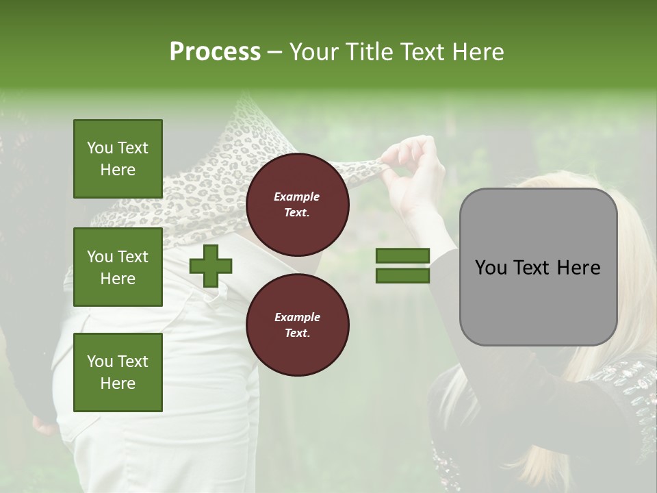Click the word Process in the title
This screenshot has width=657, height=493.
pyautogui.click(x=215, y=52)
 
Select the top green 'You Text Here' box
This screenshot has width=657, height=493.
pyautogui.click(x=118, y=159)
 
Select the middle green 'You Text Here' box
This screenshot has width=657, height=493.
pyautogui.click(x=118, y=267)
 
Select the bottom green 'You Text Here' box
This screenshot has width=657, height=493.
pyautogui.click(x=118, y=372)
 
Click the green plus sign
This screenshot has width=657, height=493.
pyautogui.click(x=211, y=266)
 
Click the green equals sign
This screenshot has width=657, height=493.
pyautogui.click(x=402, y=266)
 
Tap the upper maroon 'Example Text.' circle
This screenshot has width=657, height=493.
pyautogui.click(x=297, y=204)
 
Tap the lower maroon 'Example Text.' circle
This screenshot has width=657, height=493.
pyautogui.click(x=297, y=325)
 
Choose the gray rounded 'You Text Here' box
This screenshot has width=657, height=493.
pyautogui.click(x=538, y=267)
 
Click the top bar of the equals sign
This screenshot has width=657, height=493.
pyautogui.click(x=402, y=255)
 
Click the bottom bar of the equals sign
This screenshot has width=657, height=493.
pyautogui.click(x=402, y=276)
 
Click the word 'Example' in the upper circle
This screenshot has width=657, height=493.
pyautogui.click(x=297, y=197)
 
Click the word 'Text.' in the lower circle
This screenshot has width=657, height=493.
pyautogui.click(x=297, y=333)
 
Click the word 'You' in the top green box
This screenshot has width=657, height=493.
pyautogui.click(x=100, y=148)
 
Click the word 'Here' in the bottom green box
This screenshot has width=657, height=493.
pyautogui.click(x=118, y=383)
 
